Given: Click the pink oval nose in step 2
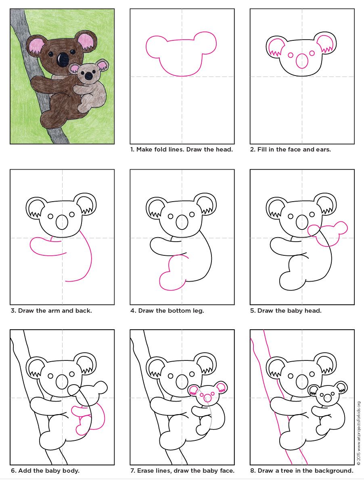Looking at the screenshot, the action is [x=302, y=61].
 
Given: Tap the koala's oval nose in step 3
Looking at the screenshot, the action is [x=62, y=222].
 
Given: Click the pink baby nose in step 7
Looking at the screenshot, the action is [x=207, y=398].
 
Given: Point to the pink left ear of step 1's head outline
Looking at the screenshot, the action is [x=156, y=46].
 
